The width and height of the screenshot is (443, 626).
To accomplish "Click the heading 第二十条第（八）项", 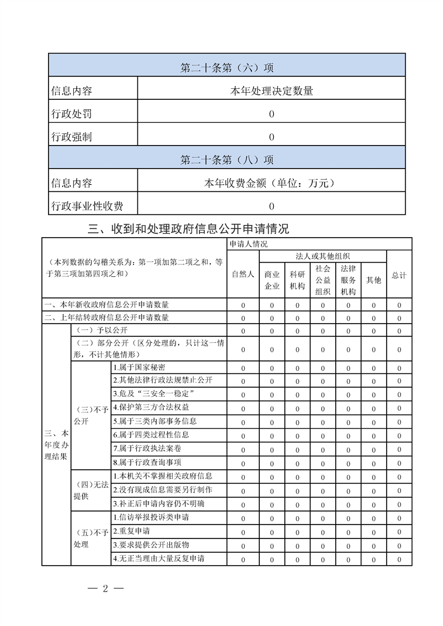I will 227,160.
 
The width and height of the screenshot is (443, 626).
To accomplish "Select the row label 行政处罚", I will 72,114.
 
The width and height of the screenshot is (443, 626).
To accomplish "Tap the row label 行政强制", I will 72,137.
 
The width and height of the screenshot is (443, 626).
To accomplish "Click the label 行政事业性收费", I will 87,206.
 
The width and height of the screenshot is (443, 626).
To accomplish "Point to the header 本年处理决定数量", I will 271,92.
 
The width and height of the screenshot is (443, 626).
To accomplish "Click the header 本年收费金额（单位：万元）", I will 271,183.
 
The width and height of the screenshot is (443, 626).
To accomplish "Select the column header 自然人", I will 243,275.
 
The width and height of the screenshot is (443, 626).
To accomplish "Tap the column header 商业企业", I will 272,280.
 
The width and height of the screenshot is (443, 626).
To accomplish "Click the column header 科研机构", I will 297,280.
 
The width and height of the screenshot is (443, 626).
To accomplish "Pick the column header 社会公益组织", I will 323,280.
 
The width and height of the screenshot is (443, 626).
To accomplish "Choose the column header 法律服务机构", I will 348,280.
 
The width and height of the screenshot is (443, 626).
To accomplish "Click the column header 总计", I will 399,276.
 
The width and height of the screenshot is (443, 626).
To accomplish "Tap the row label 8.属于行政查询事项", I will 147,463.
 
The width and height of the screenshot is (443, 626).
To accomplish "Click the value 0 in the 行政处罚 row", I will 271,114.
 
